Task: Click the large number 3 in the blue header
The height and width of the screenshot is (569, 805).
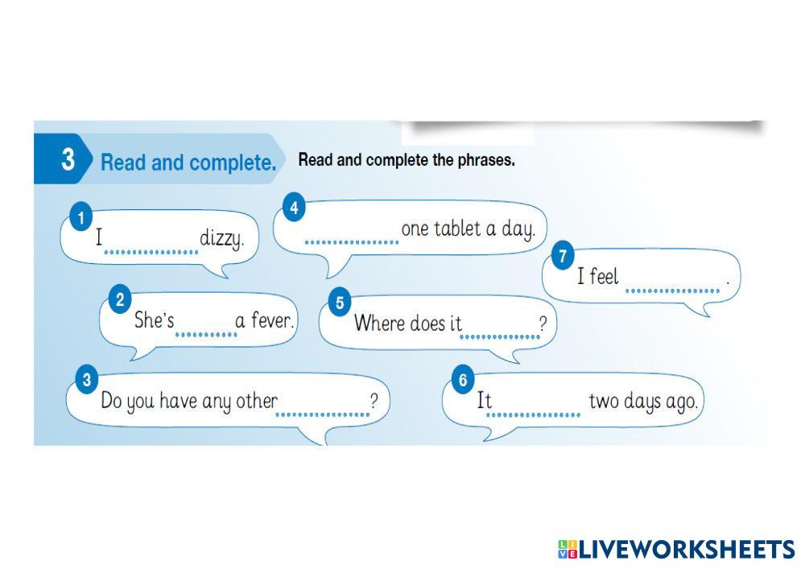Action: tap(68, 159)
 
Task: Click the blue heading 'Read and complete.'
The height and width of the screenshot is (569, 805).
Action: tap(188, 163)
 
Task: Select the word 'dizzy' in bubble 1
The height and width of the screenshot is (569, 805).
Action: tap(221, 239)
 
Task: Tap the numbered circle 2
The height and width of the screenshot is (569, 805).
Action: tap(120, 301)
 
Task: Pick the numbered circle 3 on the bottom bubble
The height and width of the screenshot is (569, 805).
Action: tap(86, 379)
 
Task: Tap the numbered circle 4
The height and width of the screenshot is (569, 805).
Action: tap(295, 208)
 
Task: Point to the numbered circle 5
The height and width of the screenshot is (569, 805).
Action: tap(340, 303)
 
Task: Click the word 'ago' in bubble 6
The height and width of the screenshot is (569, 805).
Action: tap(680, 402)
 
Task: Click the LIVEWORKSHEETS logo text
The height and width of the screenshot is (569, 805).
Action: tap(686, 550)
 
